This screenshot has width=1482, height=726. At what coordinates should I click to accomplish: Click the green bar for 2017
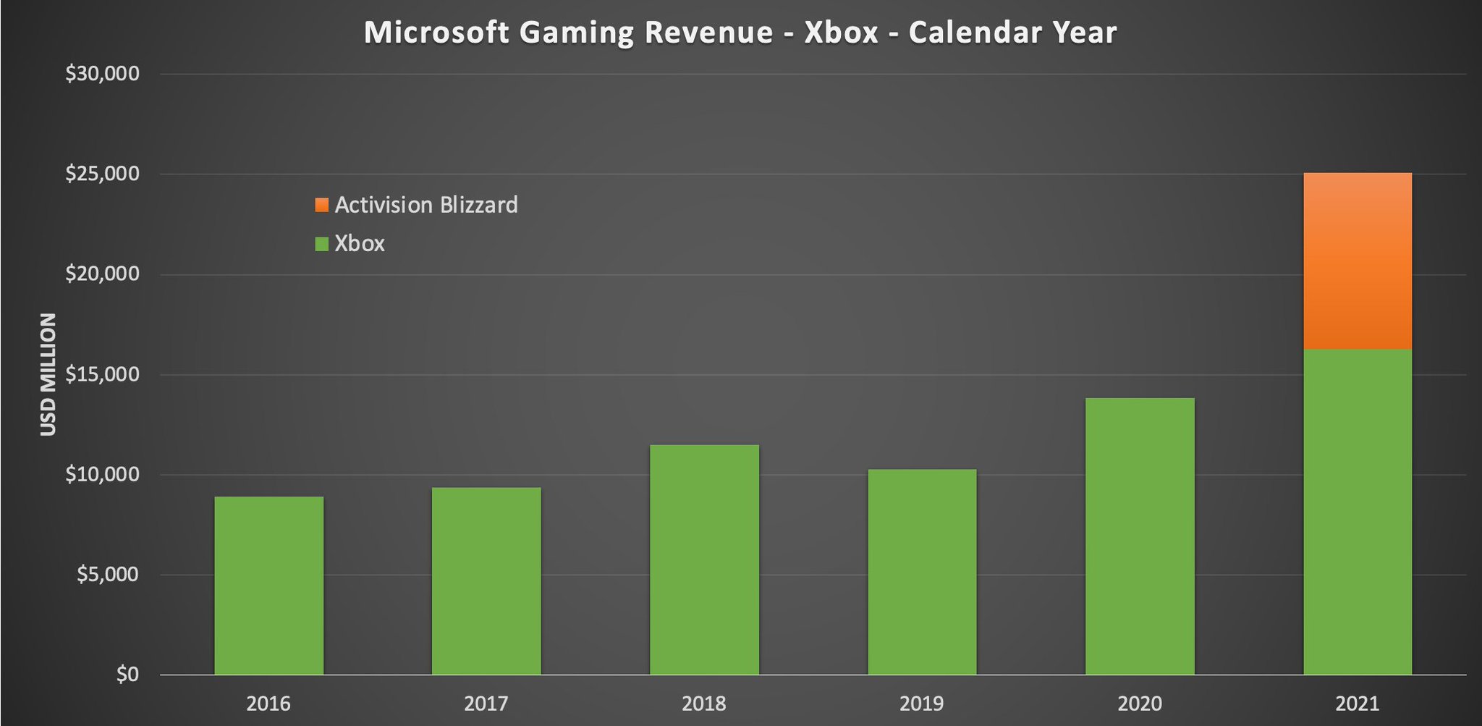486,581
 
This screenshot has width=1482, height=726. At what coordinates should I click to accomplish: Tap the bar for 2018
704,559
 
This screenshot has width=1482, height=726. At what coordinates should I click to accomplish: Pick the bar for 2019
922,572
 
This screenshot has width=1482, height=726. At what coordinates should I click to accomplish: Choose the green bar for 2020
1140,536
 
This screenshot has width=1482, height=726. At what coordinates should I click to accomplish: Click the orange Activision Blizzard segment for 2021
1358,261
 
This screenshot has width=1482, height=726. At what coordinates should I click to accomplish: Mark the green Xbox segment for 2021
1358,511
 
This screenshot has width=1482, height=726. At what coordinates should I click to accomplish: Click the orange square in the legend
322,205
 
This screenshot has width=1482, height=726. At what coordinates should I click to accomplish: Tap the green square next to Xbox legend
322,244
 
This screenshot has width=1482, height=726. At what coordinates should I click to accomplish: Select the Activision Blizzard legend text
426,205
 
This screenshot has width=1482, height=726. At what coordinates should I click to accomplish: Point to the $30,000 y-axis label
102,74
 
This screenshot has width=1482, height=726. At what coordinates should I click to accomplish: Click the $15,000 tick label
102,374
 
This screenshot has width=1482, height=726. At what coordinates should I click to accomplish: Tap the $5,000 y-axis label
106,575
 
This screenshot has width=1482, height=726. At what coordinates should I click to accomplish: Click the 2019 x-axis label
921,703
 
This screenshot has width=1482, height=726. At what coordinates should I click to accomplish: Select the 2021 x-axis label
1358,703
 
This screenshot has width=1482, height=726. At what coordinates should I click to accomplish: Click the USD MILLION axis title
48,374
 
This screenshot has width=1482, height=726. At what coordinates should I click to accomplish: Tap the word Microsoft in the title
436,33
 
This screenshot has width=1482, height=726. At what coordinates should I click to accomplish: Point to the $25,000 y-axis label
102,174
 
